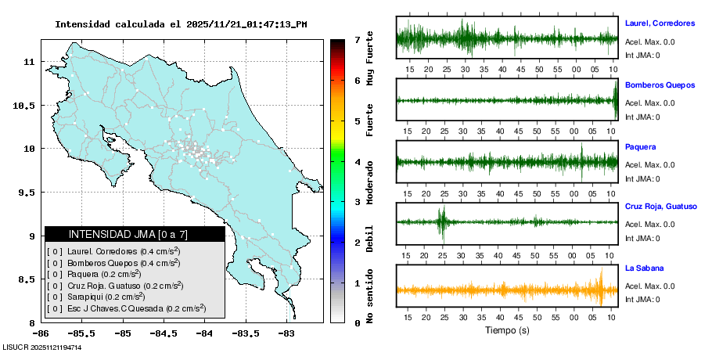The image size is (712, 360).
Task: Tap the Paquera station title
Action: pyautogui.click(x=641, y=146)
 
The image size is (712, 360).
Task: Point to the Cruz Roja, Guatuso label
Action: pyautogui.click(x=660, y=207)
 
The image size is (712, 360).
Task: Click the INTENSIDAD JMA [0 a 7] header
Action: pyautogui.click(x=135, y=234)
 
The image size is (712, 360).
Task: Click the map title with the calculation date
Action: pyautogui.click(x=181, y=24)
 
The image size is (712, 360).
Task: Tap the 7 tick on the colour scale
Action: pyautogui.click(x=357, y=39)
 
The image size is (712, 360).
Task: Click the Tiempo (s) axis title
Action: pyautogui.click(x=507, y=331)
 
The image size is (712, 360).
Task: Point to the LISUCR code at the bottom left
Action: pyautogui.click(x=42, y=347)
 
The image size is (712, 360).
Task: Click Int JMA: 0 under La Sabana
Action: pyautogui.click(x=642, y=299)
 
